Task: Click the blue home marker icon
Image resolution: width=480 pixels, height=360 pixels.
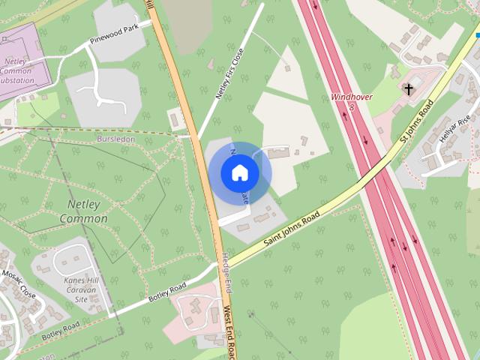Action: point(239,173)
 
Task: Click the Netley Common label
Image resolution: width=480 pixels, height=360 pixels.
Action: point(77,211)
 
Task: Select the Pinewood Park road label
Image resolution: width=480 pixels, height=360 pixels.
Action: point(115,34)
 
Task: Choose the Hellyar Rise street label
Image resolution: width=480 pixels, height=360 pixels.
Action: point(455,132)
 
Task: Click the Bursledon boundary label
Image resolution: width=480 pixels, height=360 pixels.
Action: point(118,139)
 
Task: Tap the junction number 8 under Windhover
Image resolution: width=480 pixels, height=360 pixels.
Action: point(351,107)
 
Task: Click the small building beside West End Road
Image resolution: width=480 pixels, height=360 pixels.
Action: point(175,118)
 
